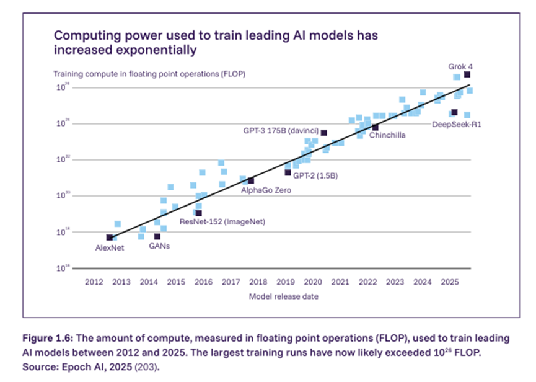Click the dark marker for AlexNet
point(110,238)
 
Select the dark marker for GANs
point(157,236)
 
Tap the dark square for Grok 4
point(467,74)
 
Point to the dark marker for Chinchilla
point(375,127)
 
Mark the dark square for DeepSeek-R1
point(454,112)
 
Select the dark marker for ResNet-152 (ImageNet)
point(198,213)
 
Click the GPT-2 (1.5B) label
point(315,175)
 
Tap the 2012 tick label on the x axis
point(93,282)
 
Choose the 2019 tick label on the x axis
point(284,282)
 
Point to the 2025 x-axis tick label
point(449,282)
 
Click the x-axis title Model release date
point(284,296)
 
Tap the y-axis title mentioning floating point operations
point(149,74)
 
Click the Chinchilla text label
point(387,135)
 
